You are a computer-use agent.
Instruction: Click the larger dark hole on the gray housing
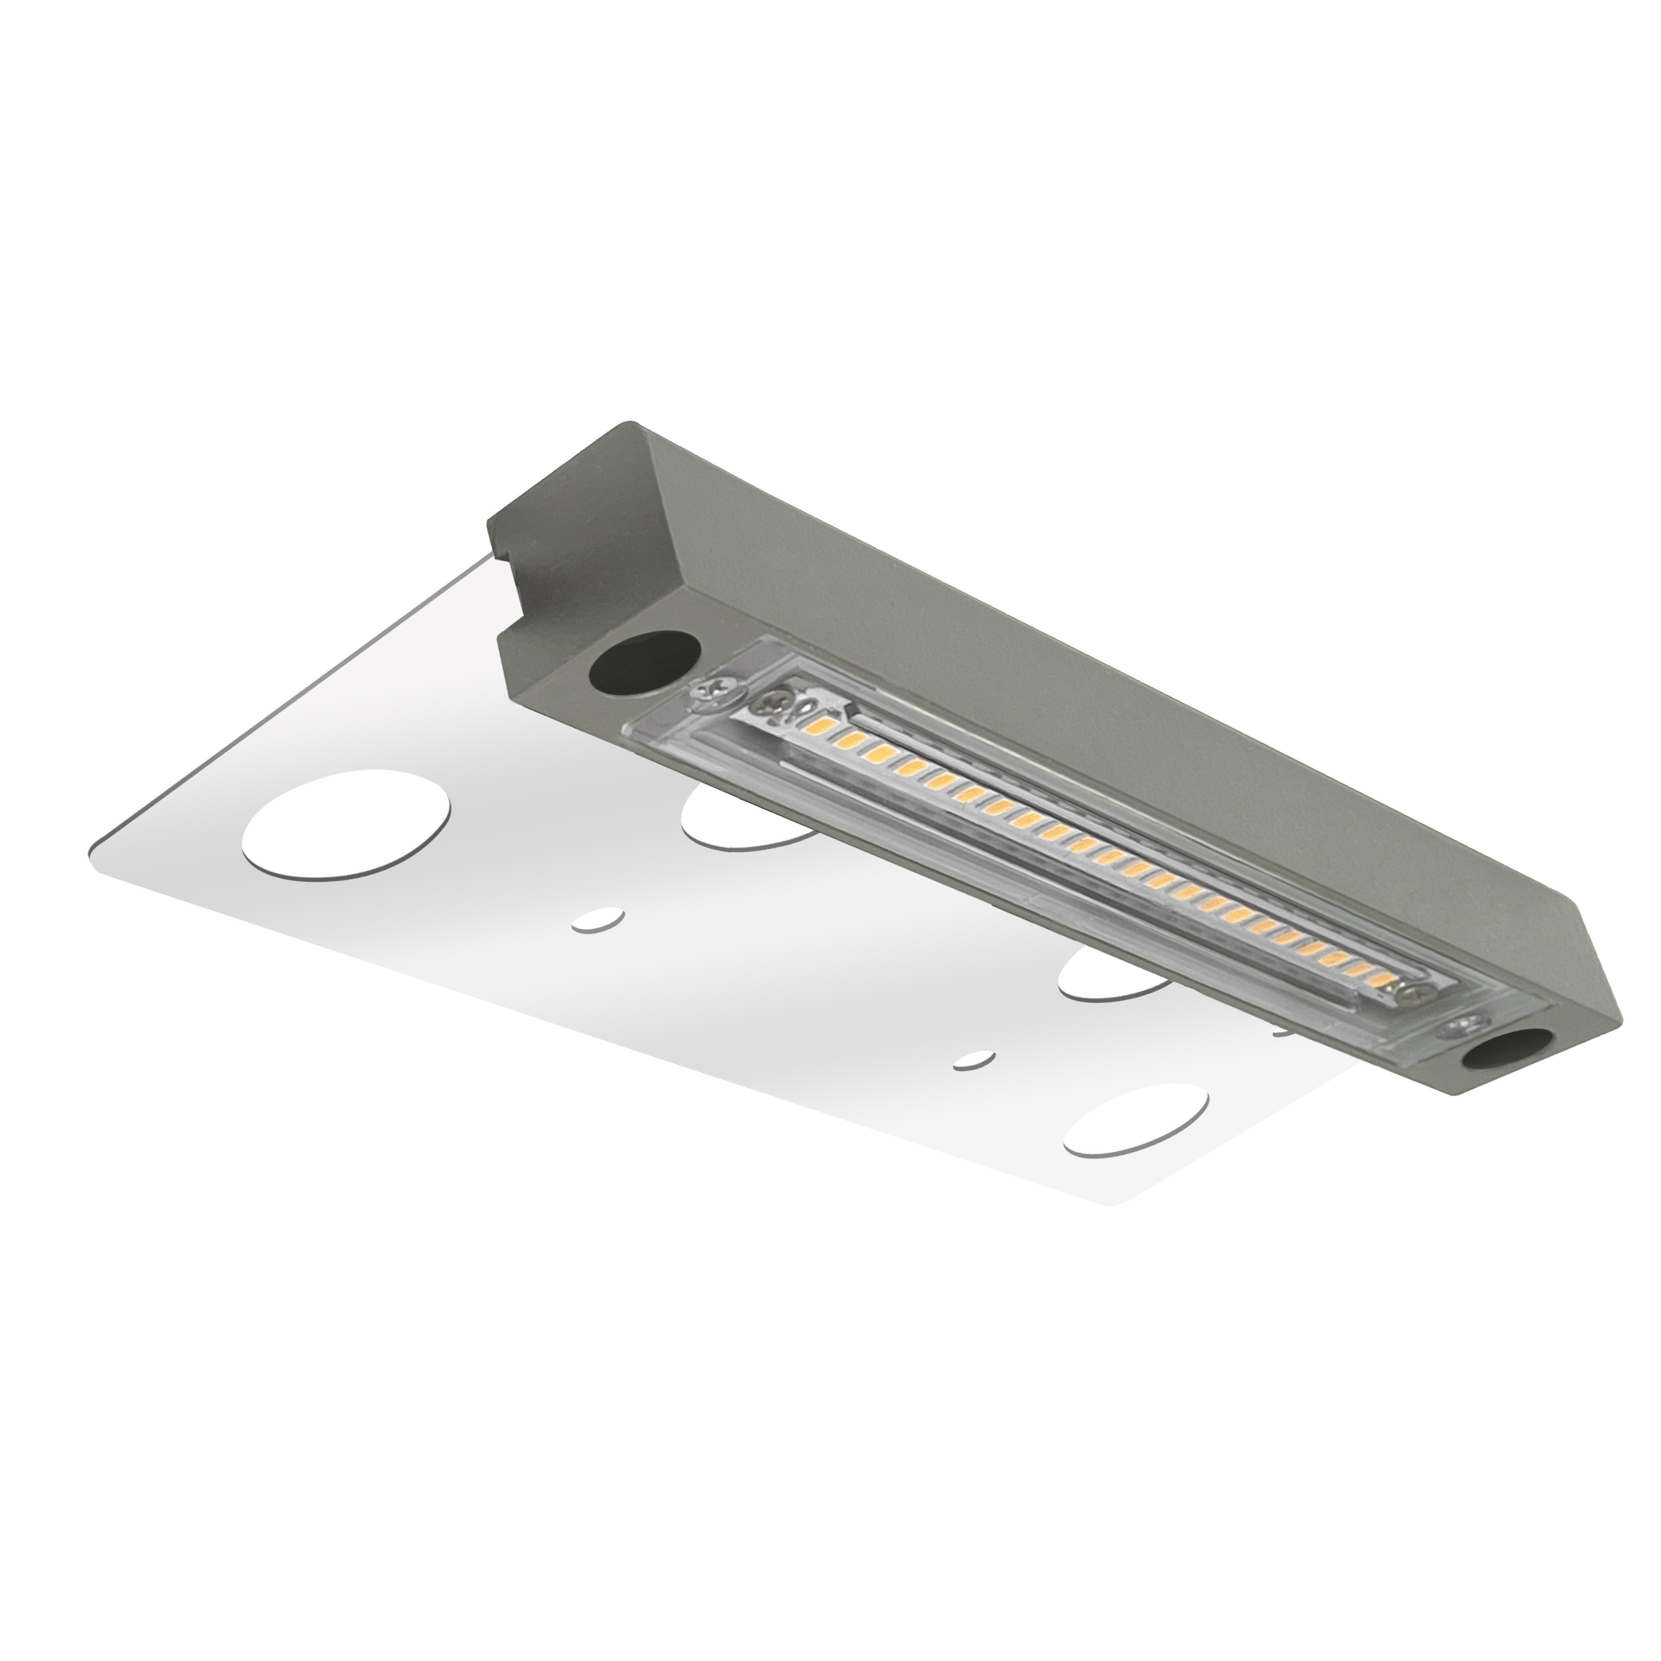coord(645,663)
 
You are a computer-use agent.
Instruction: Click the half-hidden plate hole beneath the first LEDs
coord(739,817)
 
